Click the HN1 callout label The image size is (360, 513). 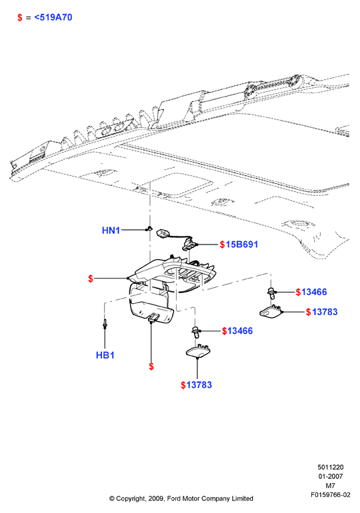coord(111,231)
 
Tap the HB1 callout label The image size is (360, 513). coord(105,355)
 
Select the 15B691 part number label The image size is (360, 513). coord(242,245)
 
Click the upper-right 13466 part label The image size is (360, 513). coord(314,292)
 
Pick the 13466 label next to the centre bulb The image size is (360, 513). coord(240,330)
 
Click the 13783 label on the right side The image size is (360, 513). coord(325,312)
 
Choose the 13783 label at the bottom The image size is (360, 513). coord(199,385)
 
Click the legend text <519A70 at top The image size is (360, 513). coord(53,17)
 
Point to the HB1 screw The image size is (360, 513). coord(105,324)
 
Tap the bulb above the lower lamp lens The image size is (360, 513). coord(196,332)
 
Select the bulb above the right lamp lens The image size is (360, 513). coord(271,292)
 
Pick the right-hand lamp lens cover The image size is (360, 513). coord(271,311)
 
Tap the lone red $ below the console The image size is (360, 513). coord(151,366)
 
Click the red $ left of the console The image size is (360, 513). coord(91,278)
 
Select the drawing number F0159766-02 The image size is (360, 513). coord(331,494)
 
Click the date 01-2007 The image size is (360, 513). coord(331,476)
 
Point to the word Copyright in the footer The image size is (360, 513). coord(130,498)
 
